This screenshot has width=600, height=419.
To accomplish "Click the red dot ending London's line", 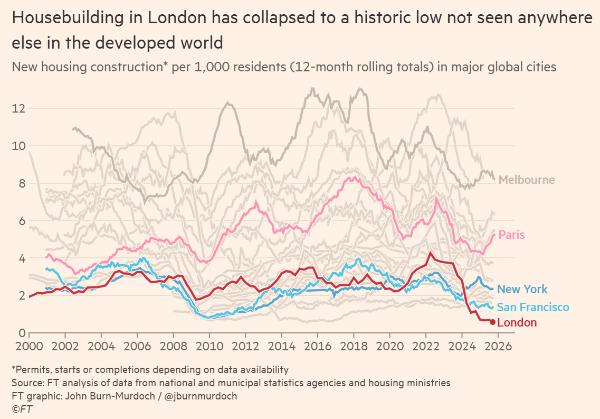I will pos(493,322).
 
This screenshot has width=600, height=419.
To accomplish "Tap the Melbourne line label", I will pos(526,180).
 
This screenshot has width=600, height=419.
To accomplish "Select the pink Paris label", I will pos(511,235).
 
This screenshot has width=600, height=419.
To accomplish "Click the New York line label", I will pos(522,289).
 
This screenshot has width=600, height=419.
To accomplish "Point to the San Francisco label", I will pos(533,307).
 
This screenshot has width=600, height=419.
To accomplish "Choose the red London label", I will pos(517,323).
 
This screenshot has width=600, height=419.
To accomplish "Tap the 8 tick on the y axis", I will pos(21,184).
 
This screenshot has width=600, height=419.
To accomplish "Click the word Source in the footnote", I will pos(26,382).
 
